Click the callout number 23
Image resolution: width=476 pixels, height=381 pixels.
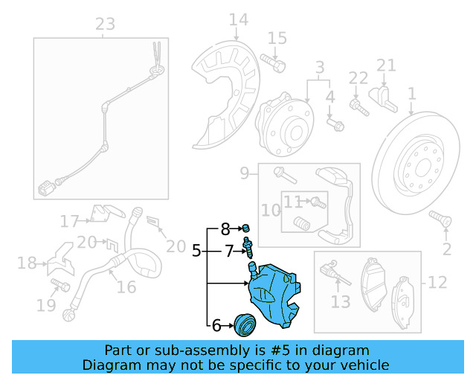pyautogui.click(x=106, y=24)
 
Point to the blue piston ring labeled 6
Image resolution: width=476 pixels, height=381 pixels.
pyautogui.click(x=244, y=324)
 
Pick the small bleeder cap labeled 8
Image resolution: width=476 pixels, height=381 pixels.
pyautogui.click(x=246, y=228)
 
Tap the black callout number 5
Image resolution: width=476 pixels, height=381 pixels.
pyautogui.click(x=196, y=252)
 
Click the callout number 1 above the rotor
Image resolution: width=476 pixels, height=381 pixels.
pyautogui.click(x=411, y=94)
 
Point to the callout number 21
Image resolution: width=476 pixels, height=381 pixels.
pyautogui.click(x=386, y=65)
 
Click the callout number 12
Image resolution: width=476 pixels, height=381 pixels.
pyautogui.click(x=437, y=282)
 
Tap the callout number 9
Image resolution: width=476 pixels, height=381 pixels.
pyautogui.click(x=245, y=174)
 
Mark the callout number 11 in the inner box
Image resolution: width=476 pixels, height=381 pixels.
pyautogui.click(x=292, y=201)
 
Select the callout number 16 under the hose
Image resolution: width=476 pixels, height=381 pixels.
pyautogui.click(x=126, y=287)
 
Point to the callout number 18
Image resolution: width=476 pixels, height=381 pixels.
pyautogui.click(x=26, y=263)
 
